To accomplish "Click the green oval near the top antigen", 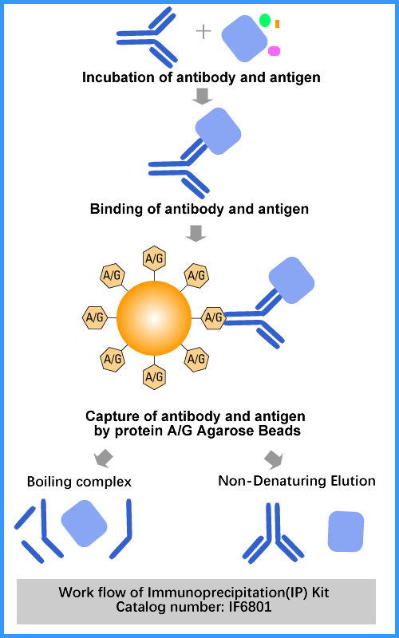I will tap(265, 20).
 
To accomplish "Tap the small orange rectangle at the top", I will tap(277, 24).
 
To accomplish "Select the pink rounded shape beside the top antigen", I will tap(274, 51).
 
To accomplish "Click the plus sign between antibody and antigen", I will tap(203, 32).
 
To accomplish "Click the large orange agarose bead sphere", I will tap(154, 317).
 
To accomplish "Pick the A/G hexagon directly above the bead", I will tap(154, 258).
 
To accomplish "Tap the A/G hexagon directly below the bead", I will tap(154, 376).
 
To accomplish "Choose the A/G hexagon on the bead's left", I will tap(95, 317).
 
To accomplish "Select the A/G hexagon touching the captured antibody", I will tap(213, 317).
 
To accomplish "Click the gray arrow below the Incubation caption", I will tap(203, 96).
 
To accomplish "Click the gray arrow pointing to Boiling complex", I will tap(103, 458).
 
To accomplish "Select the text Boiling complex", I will tap(79, 482).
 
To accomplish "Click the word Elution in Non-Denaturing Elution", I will tap(354, 481).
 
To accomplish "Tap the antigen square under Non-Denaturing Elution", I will tap(346, 531).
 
